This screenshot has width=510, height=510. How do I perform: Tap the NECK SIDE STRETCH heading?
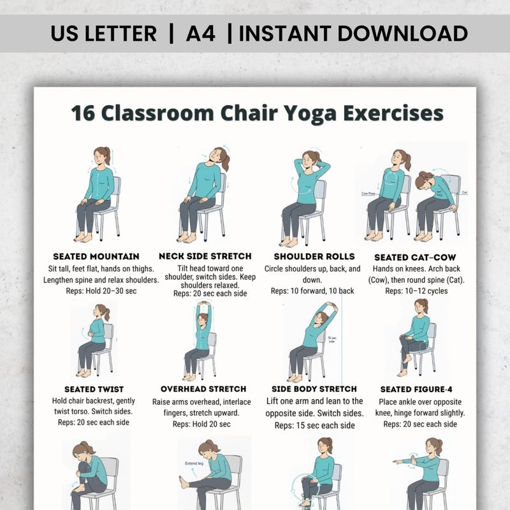[205, 256]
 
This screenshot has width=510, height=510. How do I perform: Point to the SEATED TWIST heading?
[94, 389]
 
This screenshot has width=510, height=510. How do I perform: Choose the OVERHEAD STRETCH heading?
[203, 389]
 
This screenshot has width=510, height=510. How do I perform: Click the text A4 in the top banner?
[200, 33]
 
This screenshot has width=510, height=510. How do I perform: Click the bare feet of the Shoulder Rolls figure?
[290, 242]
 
